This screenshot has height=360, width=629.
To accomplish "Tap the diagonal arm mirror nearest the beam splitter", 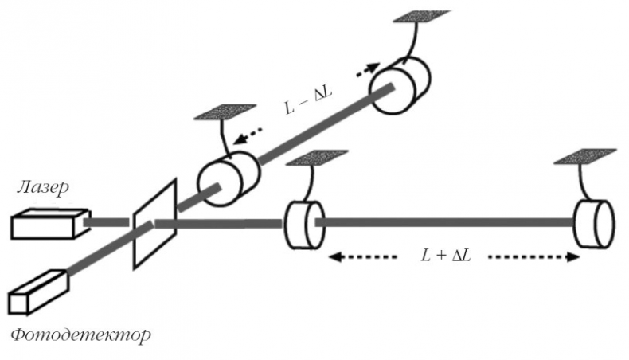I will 229,176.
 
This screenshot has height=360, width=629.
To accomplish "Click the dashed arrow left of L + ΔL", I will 362,257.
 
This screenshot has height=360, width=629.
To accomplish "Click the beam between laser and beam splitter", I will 107,222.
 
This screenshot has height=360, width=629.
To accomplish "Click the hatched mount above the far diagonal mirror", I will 421,16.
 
